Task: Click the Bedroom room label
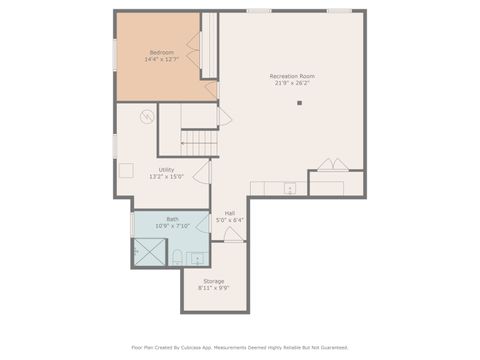[x=162, y=52]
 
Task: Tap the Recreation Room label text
[x=292, y=76]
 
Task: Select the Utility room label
[x=166, y=170]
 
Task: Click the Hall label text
[x=230, y=213]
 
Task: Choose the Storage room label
[x=214, y=281]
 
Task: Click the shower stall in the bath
[x=148, y=253]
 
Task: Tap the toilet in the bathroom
[x=177, y=259]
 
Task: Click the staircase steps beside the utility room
[x=200, y=144]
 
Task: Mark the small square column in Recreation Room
[x=299, y=102]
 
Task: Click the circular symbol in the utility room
[x=146, y=117]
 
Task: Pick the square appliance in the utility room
[x=125, y=169]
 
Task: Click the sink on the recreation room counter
[x=290, y=188]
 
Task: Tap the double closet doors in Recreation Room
[x=334, y=165]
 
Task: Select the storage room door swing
[x=231, y=236]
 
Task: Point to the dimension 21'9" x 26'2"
[x=292, y=84]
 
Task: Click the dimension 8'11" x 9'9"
[x=214, y=288]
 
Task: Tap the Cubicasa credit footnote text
[x=240, y=347]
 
